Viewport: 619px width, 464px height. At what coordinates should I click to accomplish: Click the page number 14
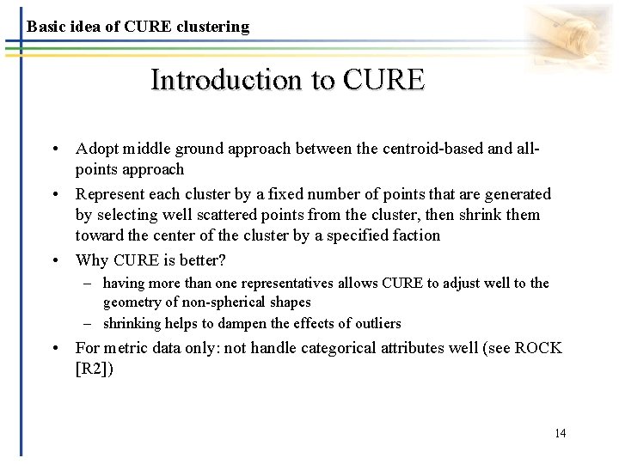pyautogui.click(x=560, y=433)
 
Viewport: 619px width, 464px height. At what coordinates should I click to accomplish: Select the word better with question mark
pyautogui.click(x=206, y=260)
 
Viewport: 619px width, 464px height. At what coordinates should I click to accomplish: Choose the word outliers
pyautogui.click(x=372, y=324)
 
